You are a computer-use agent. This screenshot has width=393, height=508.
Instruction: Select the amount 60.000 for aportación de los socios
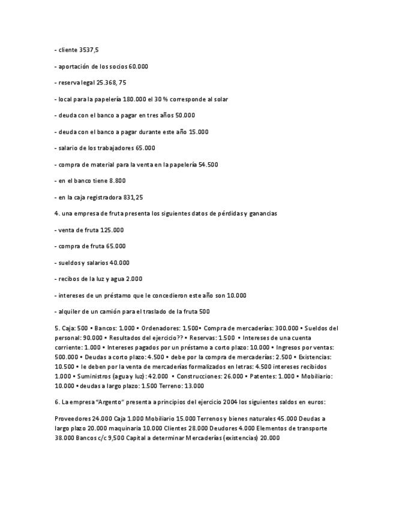coord(138,66)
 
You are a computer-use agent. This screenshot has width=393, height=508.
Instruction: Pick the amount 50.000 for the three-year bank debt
coord(185,115)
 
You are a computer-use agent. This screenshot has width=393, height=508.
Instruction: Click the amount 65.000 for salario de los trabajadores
coord(145,148)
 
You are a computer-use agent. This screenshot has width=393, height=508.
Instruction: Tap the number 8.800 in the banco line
coord(117,180)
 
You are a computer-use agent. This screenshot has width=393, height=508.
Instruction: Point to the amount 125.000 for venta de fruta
coord(113,230)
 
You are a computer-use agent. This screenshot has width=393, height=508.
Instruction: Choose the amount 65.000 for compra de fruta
coord(116,246)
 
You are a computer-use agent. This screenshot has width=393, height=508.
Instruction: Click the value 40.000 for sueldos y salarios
coord(119,262)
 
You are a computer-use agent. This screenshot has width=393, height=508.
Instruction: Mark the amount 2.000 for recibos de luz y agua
coord(134,279)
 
